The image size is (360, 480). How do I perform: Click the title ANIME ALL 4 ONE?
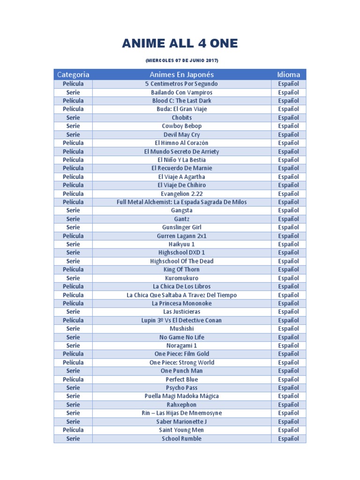coord(180,44)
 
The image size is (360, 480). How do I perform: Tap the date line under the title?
coord(182,61)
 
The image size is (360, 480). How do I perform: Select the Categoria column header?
coord(73,75)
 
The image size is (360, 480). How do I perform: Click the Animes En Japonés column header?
coord(181,75)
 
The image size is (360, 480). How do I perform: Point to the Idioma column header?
coord(288,75)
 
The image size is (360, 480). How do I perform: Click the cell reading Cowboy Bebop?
coord(181,126)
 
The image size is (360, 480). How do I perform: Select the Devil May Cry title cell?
coord(181,135)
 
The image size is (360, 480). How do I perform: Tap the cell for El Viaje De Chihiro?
coord(181,185)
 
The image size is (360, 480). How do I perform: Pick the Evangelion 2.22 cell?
coord(181,194)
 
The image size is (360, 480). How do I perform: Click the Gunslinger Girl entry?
coord(181,227)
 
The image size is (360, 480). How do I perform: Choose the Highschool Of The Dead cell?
coord(181,261)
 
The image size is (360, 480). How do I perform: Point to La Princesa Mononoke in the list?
coord(181,303)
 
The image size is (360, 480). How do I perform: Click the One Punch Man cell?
coord(181,371)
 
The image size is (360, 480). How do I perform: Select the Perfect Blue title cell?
coord(181,379)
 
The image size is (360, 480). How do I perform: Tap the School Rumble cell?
coord(181,439)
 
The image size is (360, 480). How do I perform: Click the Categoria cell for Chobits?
coord(73,118)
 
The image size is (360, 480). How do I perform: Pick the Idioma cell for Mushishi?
coord(288,329)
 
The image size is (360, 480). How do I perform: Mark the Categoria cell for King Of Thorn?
coord(73,270)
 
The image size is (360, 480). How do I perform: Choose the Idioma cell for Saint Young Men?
coord(288,430)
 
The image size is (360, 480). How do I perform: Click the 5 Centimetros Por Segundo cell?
coord(181,84)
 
